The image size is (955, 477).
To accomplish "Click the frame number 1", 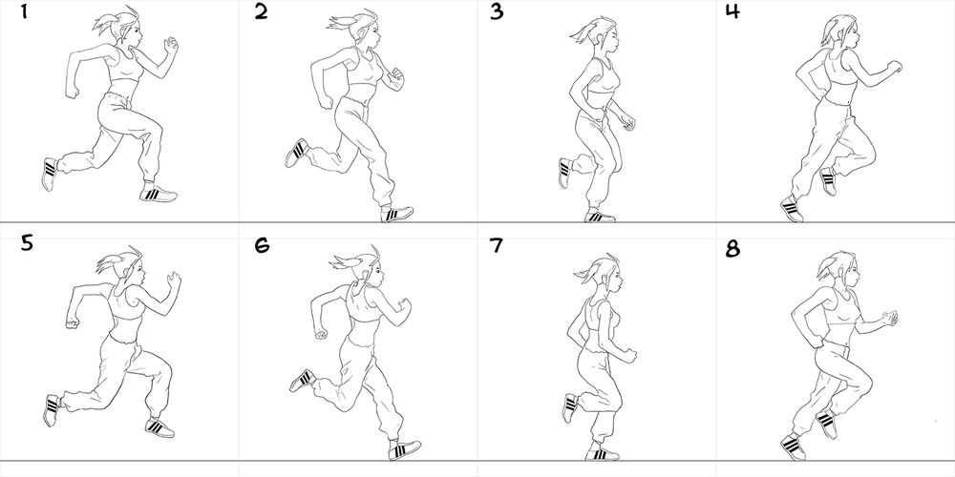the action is click(25, 10).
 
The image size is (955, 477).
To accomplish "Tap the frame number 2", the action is click(261, 10).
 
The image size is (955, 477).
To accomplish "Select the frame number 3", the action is click(497, 11).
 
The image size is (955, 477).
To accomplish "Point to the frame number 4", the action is click(732, 10).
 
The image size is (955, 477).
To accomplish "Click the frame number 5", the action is click(27, 243).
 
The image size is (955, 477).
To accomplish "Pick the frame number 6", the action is click(262, 244).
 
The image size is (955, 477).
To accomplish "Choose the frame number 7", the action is click(497, 244).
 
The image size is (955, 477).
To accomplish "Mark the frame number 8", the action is click(732, 248).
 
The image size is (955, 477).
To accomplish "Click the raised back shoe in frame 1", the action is click(50, 174).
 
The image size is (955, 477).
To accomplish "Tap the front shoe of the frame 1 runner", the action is click(158, 194).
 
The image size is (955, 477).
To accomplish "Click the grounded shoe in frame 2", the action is click(396, 214).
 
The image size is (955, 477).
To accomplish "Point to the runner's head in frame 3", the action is click(603, 34).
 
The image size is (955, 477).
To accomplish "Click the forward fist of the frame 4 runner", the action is click(894, 67).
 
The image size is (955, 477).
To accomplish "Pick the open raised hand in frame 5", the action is click(175, 280).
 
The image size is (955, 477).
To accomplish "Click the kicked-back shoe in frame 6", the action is click(302, 381).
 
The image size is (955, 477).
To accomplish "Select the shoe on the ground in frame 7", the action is click(602, 453).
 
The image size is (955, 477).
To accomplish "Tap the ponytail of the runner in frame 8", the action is click(825, 268).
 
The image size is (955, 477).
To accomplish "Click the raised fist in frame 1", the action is click(171, 44).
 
